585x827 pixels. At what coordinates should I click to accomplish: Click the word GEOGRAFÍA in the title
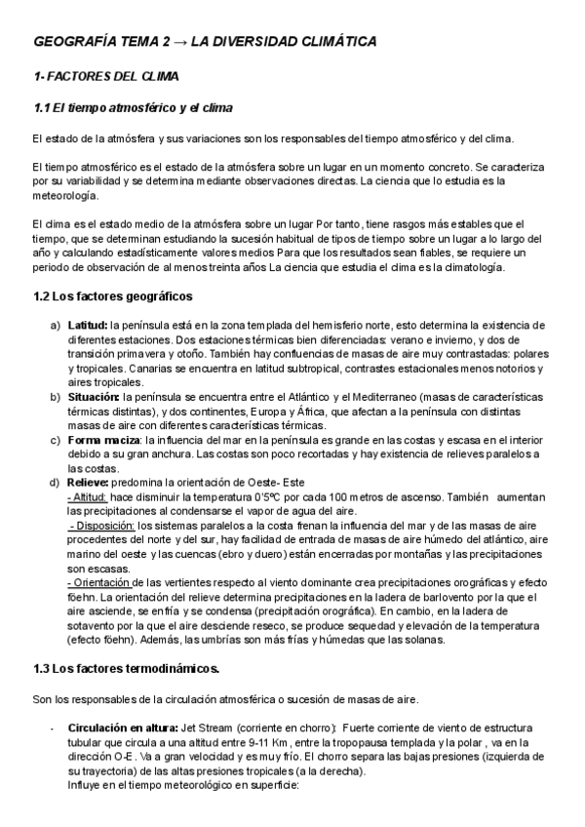71,43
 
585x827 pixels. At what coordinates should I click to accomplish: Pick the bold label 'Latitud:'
88,325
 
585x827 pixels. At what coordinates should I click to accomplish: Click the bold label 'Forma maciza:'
102,439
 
